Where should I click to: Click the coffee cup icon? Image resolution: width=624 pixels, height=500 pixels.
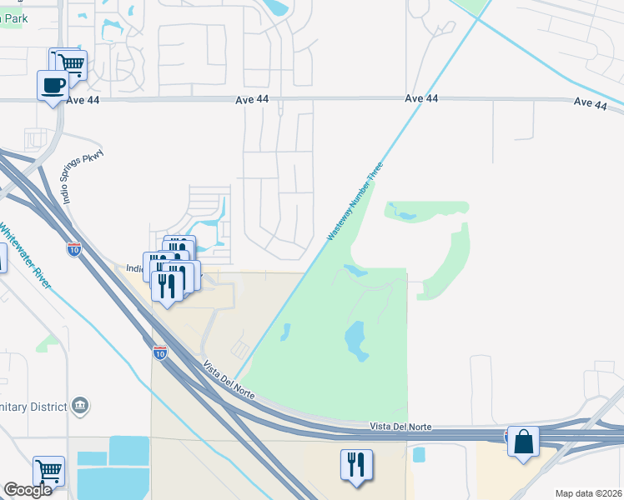click(52, 85)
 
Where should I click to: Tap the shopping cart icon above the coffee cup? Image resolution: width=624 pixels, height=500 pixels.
click(71, 62)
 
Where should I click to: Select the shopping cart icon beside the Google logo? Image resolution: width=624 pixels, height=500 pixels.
click(48, 470)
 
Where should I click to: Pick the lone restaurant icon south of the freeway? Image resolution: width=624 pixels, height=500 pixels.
click(356, 464)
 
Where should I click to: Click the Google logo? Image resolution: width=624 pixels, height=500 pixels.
click(27, 490)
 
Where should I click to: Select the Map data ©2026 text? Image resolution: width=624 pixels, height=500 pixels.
click(588, 493)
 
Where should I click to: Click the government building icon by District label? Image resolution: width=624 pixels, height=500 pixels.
click(81, 405)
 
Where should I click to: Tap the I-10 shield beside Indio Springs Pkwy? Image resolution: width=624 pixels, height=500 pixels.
click(73, 248)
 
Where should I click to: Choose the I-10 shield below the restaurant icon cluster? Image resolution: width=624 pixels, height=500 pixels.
click(159, 352)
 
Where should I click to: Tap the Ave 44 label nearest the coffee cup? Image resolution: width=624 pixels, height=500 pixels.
click(86, 99)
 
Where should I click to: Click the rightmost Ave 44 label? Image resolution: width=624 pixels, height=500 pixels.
click(591, 103)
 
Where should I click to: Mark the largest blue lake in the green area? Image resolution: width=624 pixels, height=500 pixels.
click(355, 339)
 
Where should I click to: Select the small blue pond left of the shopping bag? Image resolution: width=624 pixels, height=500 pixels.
click(418, 454)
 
